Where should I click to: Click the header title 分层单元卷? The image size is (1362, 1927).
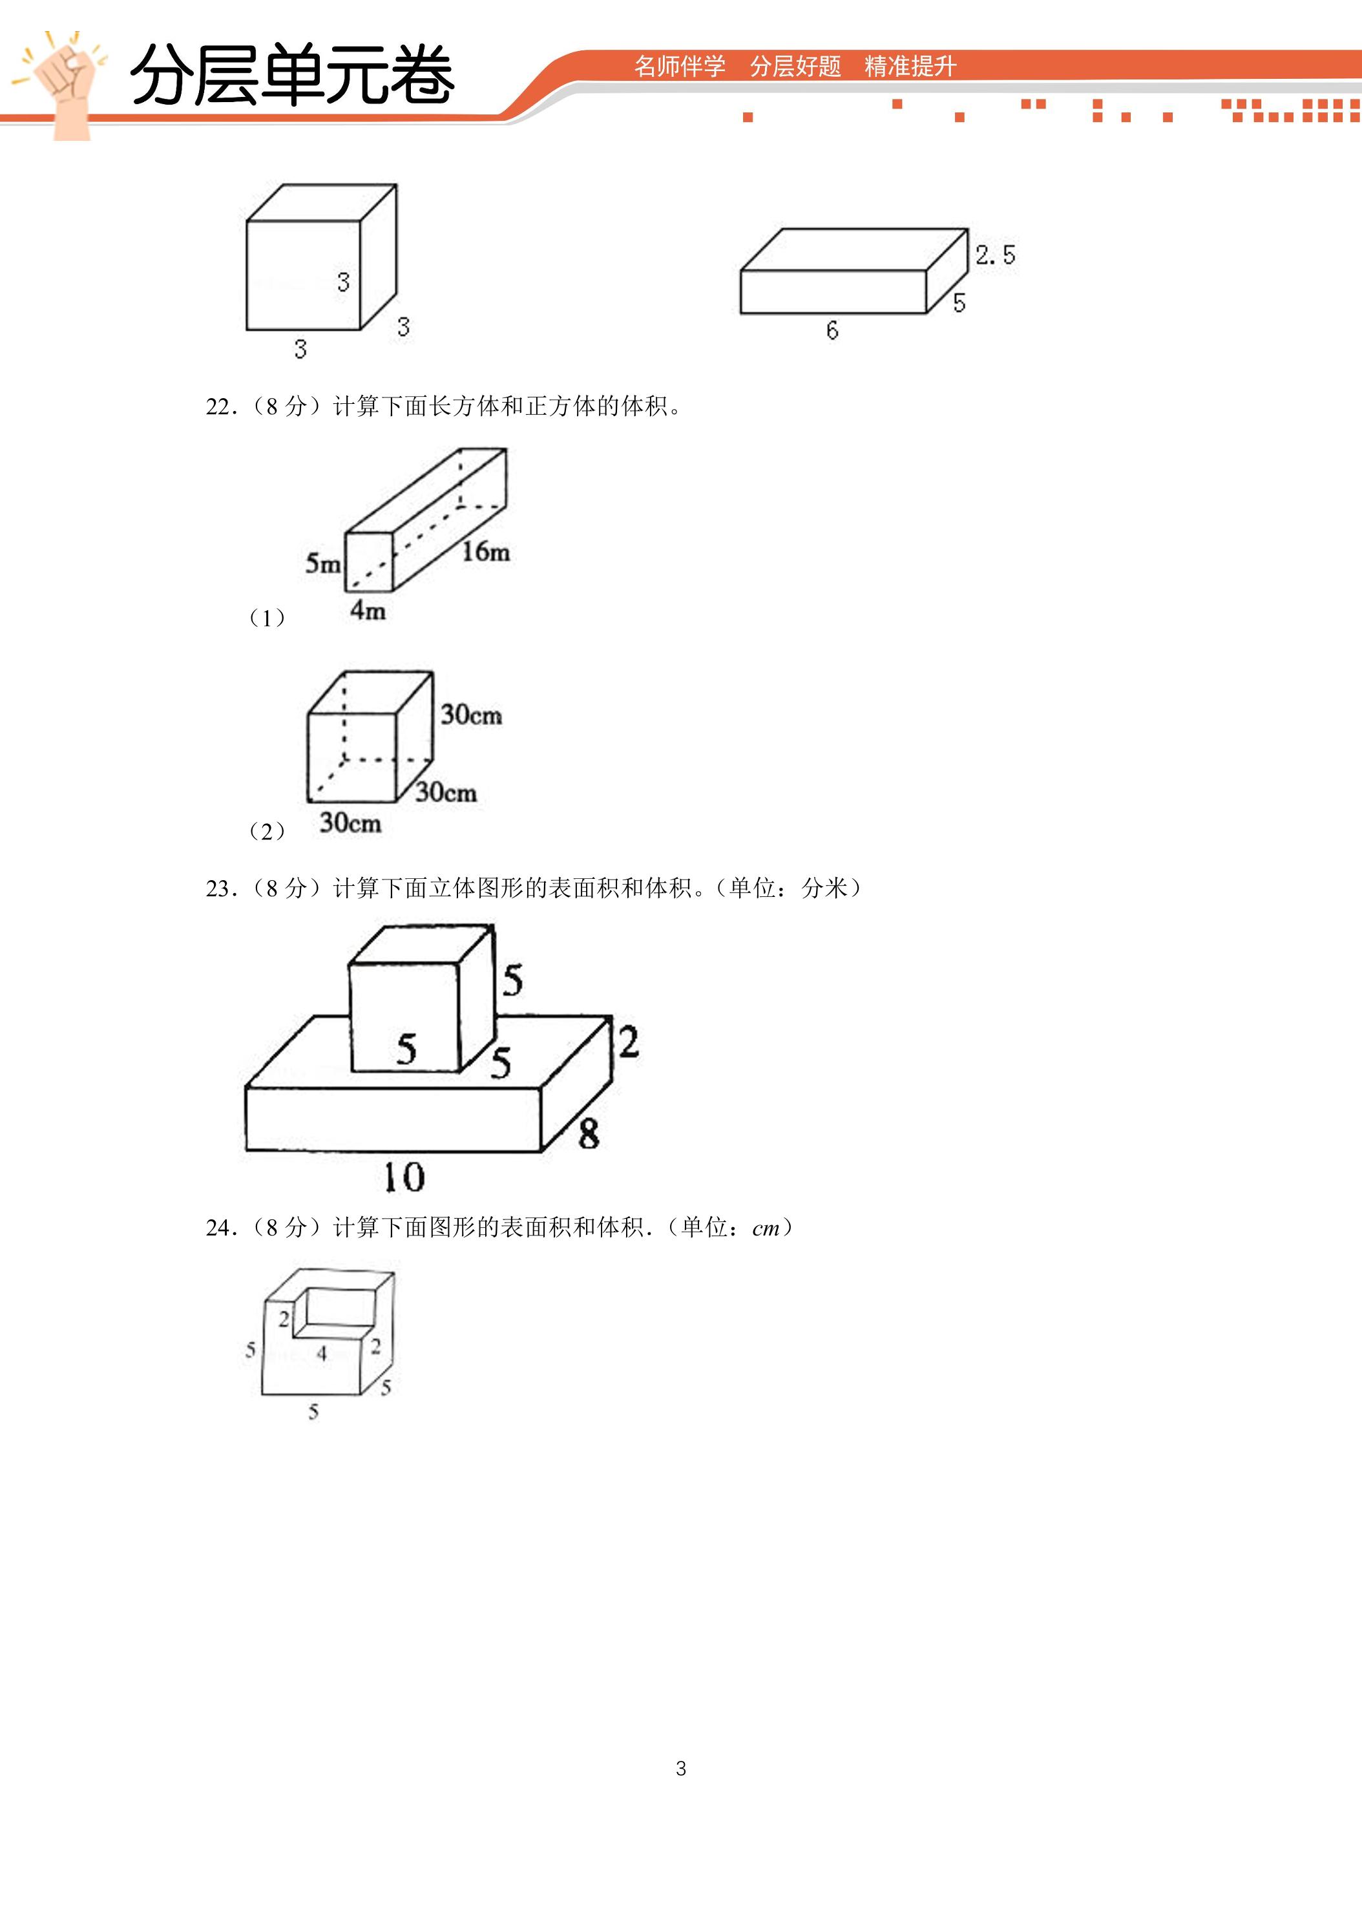293,76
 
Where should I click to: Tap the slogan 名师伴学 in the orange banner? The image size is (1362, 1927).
680,67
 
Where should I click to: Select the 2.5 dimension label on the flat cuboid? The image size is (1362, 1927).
995,255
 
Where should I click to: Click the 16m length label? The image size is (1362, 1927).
486,551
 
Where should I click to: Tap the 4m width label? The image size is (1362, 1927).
368,610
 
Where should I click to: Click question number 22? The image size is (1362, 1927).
221,407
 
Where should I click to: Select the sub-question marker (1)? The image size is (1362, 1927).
267,618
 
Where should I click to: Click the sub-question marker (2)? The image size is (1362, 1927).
267,832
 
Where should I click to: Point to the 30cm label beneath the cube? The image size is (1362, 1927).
350,823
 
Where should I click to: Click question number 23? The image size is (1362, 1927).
221,889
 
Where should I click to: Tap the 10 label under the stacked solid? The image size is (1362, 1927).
404,1177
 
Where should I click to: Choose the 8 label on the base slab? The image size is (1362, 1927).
588,1134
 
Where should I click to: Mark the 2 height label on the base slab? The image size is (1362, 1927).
629,1042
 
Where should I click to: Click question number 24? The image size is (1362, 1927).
221,1228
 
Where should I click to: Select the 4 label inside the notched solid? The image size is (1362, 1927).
321,1353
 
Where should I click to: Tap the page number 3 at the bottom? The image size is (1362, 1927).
680,1769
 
